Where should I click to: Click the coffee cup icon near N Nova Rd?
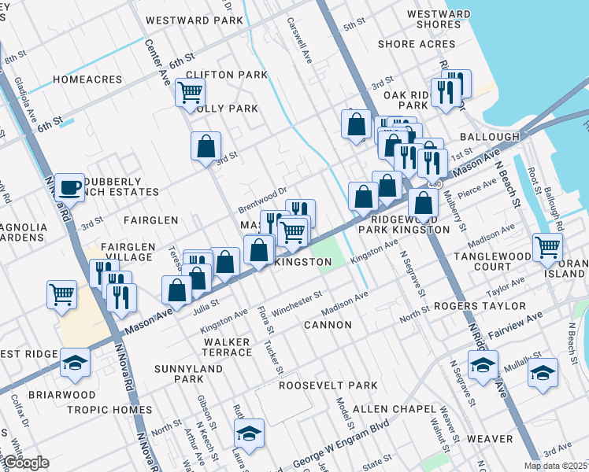pyautogui.click(x=69, y=187)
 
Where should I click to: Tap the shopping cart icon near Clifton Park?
pyautogui.click(x=190, y=92)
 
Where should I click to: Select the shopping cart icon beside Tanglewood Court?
pyautogui.click(x=546, y=247)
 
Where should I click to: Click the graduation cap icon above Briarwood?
pyautogui.click(x=75, y=362)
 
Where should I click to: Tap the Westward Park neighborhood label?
pyautogui.click(x=194, y=20)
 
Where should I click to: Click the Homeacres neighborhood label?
pyautogui.click(x=87, y=79)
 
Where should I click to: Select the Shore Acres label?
pyautogui.click(x=417, y=44)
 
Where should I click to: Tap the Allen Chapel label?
pyautogui.click(x=394, y=409)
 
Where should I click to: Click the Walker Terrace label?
pyautogui.click(x=226, y=348)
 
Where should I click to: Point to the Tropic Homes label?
pyautogui.click(x=109, y=410)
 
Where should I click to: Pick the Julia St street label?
pyautogui.click(x=206, y=308)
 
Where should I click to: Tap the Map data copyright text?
pyautogui.click(x=554, y=466)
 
